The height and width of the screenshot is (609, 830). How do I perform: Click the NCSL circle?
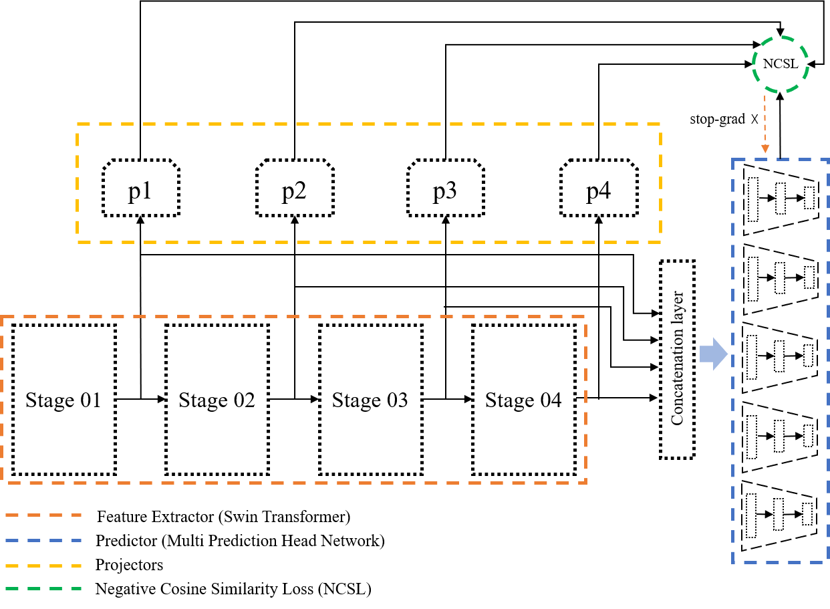[781, 65]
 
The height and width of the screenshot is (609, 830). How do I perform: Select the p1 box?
[141, 188]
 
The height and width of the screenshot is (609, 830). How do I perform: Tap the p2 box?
[295, 188]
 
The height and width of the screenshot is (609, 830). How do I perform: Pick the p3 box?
[446, 188]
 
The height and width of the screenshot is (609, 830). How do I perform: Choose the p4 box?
[599, 188]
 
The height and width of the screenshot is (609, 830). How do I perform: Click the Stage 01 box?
[63, 400]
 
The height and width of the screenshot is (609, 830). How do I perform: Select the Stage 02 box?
[217, 400]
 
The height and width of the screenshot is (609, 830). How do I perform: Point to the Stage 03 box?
[370, 400]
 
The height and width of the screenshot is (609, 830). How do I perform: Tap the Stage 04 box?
[524, 400]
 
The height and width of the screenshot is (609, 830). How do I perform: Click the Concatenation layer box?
[677, 360]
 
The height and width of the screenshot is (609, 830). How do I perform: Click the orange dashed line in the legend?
[43, 515]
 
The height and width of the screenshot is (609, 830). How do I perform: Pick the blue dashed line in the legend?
[43, 540]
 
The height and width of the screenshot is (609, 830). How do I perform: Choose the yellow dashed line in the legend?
[43, 566]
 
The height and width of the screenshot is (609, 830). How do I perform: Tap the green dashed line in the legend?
[43, 589]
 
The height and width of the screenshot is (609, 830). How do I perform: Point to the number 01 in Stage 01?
[90, 400]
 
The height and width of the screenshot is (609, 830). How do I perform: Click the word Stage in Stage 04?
[509, 400]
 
